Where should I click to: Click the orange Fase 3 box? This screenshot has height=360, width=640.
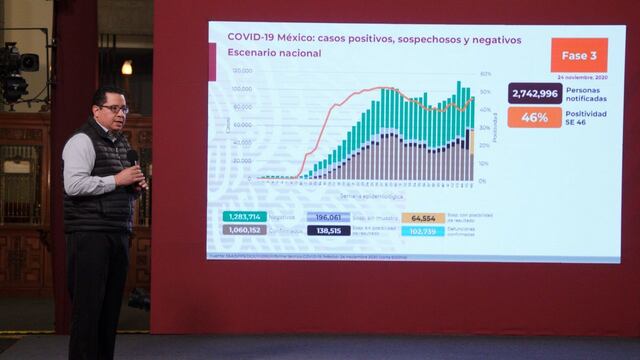tap(578, 54)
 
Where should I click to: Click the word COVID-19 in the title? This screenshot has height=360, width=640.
tap(257, 38)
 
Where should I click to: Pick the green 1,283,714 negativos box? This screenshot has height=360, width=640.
tap(243, 216)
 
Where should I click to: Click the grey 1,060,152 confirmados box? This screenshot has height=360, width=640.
tap(243, 230)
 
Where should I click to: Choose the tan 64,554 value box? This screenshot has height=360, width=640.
tap(423, 217)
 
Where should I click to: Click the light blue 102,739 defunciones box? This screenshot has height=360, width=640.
tap(423, 231)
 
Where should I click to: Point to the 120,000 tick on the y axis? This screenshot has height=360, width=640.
tap(241, 71)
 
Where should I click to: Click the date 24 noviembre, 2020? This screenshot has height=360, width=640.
tap(584, 77)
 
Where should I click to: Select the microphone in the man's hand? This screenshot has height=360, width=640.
tap(132, 158)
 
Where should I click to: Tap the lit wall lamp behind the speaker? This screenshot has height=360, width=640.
tap(127, 67)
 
